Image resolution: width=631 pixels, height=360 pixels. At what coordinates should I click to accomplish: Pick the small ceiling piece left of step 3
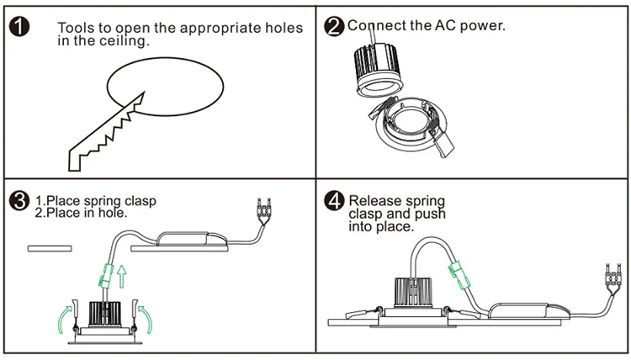(50, 248)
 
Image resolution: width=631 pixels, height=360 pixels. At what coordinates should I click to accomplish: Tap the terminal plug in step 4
(612, 274)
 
